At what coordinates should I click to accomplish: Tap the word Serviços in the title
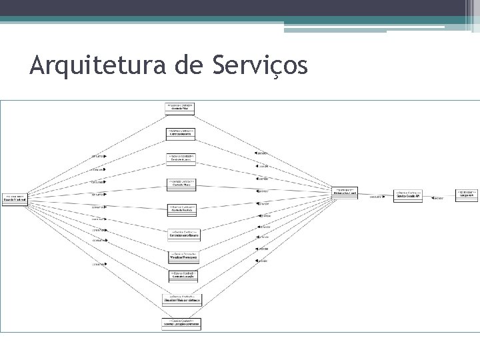click(262, 67)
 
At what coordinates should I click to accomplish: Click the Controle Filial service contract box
click(180, 108)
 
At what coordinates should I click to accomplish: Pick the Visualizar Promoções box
click(183, 257)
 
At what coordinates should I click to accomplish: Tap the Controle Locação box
click(183, 275)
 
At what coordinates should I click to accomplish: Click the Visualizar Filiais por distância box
click(181, 299)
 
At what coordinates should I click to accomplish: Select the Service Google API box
click(407, 195)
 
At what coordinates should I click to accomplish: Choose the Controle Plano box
click(181, 183)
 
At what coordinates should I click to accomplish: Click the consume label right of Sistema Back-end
click(376, 197)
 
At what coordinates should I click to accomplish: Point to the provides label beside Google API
click(438, 198)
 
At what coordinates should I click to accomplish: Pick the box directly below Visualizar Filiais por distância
click(181, 323)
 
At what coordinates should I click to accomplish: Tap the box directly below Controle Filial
click(180, 133)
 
